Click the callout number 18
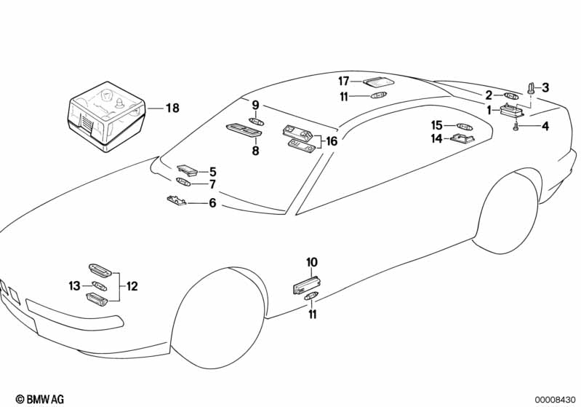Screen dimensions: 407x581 coord(172,108)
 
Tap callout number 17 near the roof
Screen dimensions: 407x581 coord(344,80)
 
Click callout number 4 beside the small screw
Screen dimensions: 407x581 coord(545,126)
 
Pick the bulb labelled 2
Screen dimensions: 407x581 coord(511,95)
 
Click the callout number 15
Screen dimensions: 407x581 coord(437,125)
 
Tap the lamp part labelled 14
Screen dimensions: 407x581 coord(463,138)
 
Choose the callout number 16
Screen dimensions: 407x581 coord(332,141)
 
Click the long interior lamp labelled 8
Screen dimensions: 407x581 coord(245,130)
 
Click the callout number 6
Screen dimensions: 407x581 coord(212,203)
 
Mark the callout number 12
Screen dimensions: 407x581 coord(132,286)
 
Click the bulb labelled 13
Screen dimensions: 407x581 coord(99,287)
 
